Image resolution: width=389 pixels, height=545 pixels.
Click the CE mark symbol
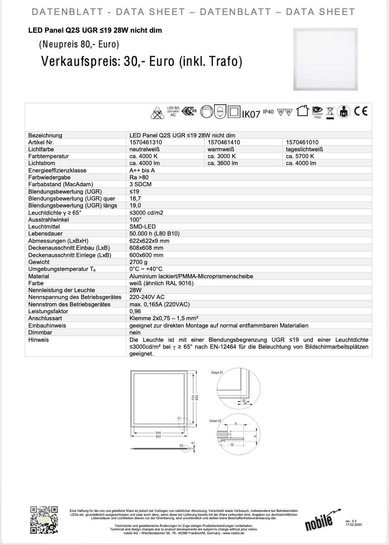coord(361,112)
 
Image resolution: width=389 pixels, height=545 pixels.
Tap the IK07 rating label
coord(251,114)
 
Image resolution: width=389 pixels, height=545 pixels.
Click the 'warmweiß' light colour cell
coord(221,149)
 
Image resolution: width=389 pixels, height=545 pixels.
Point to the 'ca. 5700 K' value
coord(300,156)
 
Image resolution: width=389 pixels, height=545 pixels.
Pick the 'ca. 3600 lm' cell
coord(223,163)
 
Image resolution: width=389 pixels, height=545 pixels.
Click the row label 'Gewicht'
coord(39,262)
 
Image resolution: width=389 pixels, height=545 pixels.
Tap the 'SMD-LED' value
coord(143,227)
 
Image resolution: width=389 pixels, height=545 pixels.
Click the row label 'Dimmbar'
coord(40,332)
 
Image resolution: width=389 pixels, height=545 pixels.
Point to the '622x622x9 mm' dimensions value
coord(149,241)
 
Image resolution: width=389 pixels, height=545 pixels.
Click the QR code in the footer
coord(44,520)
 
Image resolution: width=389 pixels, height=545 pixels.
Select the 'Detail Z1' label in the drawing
coord(217,373)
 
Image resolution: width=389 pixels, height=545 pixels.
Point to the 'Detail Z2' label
coord(215,421)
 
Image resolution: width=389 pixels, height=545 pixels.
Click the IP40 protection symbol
coord(268,112)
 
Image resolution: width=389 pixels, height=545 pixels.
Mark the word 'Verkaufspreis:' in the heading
coord(80,62)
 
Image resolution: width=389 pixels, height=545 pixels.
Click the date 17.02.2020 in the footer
coord(354,524)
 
